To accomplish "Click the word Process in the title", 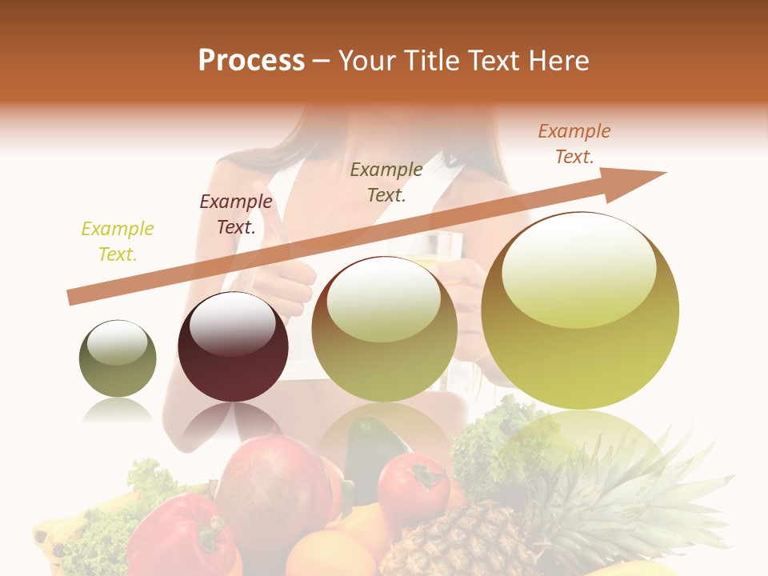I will tap(251, 61).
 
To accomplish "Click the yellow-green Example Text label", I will tap(118, 242).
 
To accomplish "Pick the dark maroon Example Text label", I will tap(236, 214).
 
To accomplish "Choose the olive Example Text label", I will tap(386, 182).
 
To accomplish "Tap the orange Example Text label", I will tap(574, 144).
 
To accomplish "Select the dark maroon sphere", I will tap(233, 347).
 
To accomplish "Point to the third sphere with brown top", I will tap(385, 329).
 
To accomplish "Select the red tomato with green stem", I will tap(413, 487).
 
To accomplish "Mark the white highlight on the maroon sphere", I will tap(232, 325).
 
